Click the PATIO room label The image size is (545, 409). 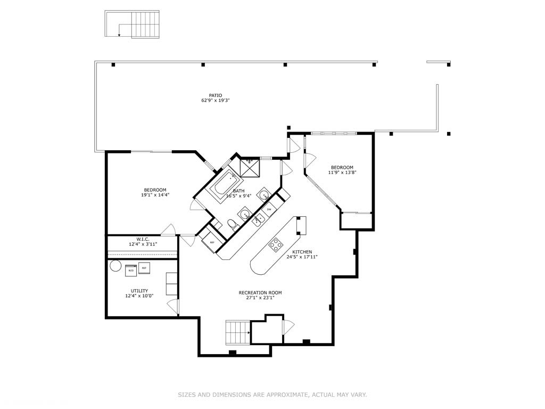[x=215, y=95]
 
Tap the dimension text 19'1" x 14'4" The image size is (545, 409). [x=155, y=195]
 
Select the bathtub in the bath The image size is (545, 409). [x=225, y=184]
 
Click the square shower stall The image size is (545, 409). [x=249, y=167]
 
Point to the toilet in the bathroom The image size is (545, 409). [x=232, y=224]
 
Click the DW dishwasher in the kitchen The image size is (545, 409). [x=269, y=209]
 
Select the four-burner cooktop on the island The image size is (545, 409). [x=276, y=244]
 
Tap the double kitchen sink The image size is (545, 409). [x=259, y=219]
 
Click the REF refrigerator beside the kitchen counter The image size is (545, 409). [x=211, y=242]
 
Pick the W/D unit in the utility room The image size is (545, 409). [x=131, y=271]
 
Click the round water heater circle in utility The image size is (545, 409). [x=115, y=266]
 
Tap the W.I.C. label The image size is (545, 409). [x=142, y=239]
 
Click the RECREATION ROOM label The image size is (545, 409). [x=260, y=292]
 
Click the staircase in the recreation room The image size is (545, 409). [x=237, y=332]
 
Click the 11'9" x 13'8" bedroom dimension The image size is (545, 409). [x=341, y=173]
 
